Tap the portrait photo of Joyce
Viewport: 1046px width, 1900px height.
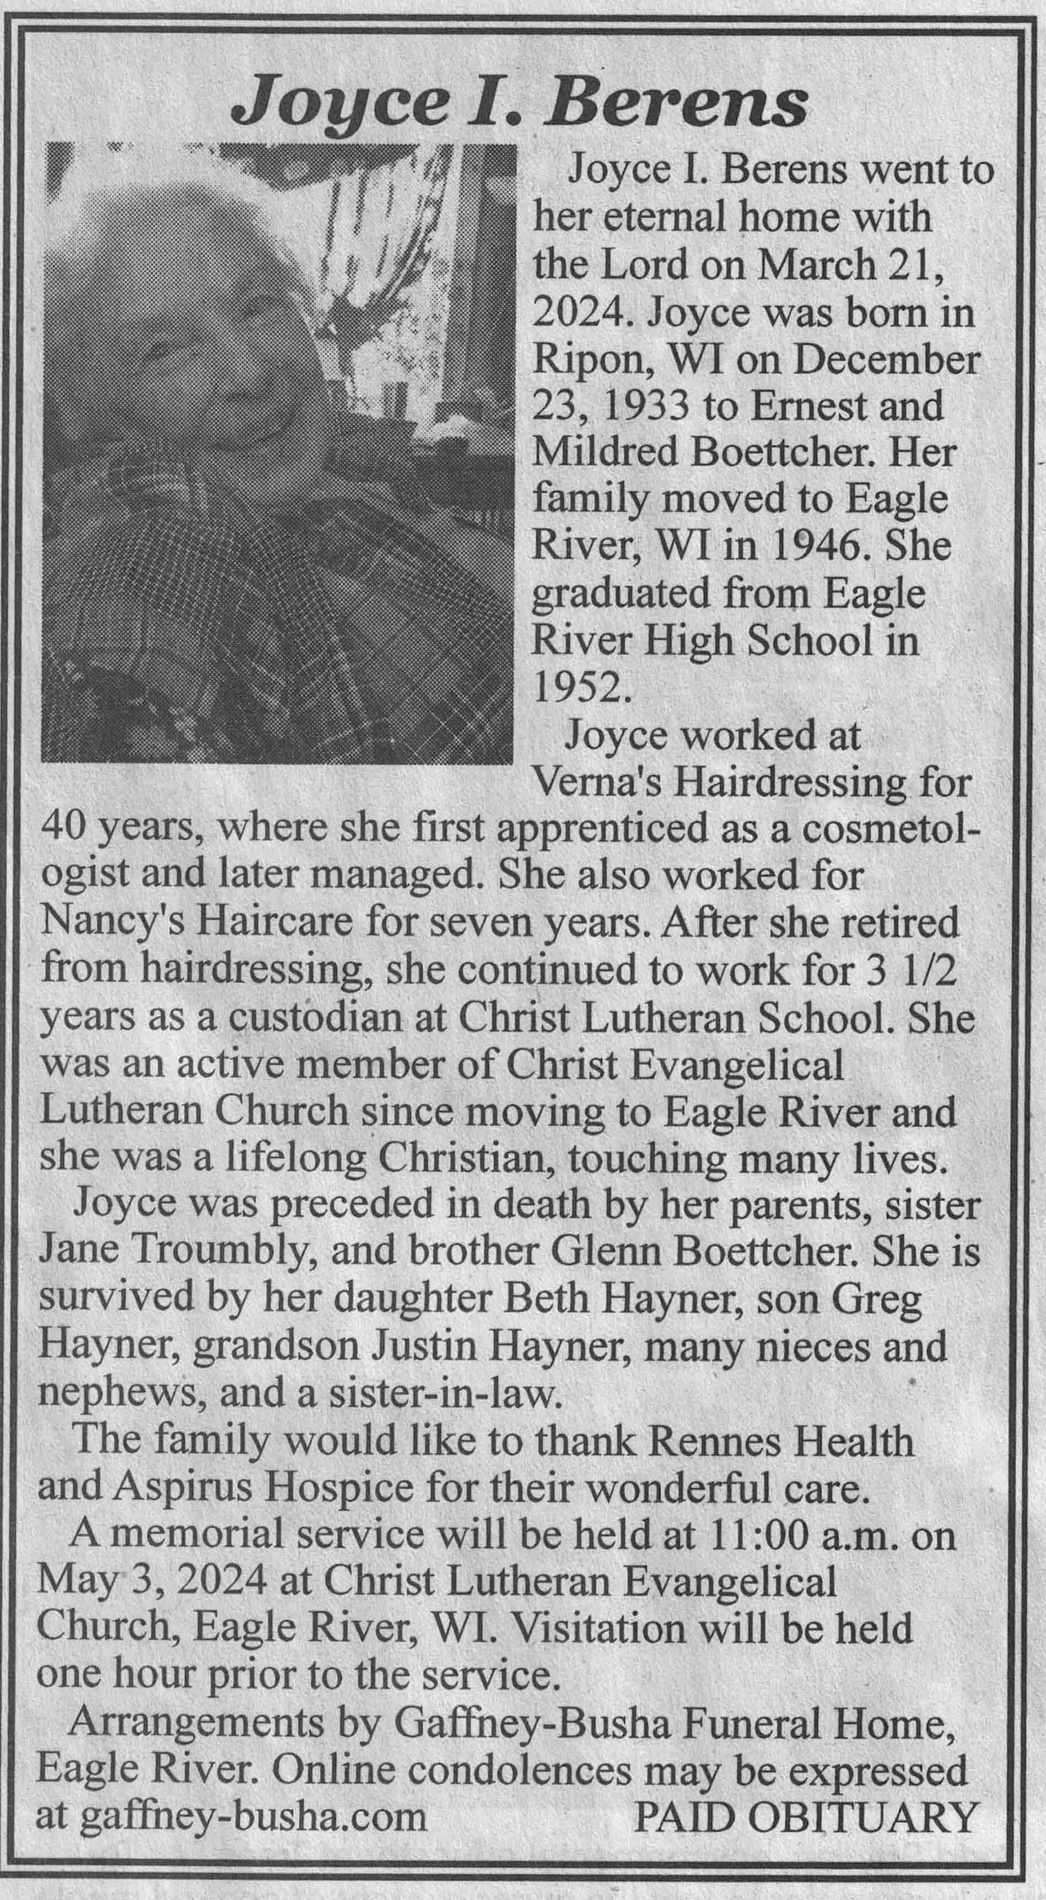[277, 453]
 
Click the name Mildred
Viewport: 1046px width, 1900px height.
[603, 452]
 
